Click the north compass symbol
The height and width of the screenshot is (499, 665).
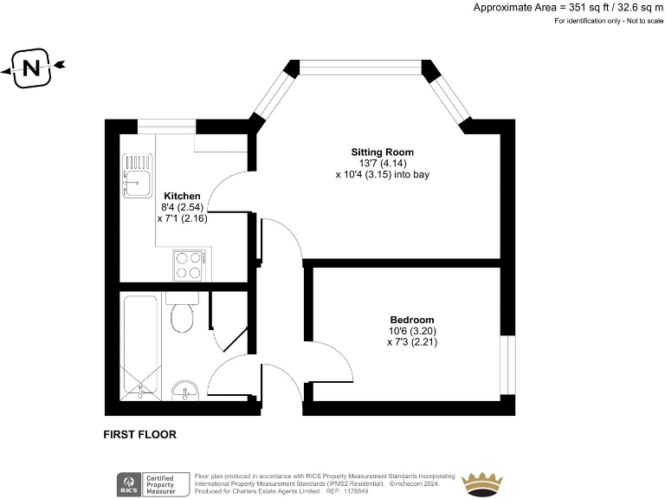33,68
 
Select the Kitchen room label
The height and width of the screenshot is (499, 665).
182,197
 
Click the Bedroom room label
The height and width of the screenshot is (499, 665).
411,320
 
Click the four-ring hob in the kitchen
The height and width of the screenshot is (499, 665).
190,265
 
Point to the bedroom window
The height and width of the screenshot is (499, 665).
509,356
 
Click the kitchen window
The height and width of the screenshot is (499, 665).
166,126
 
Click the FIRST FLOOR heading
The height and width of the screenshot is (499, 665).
139,435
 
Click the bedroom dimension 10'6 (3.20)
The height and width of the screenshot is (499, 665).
411,331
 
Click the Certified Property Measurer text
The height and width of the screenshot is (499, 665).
170,484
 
